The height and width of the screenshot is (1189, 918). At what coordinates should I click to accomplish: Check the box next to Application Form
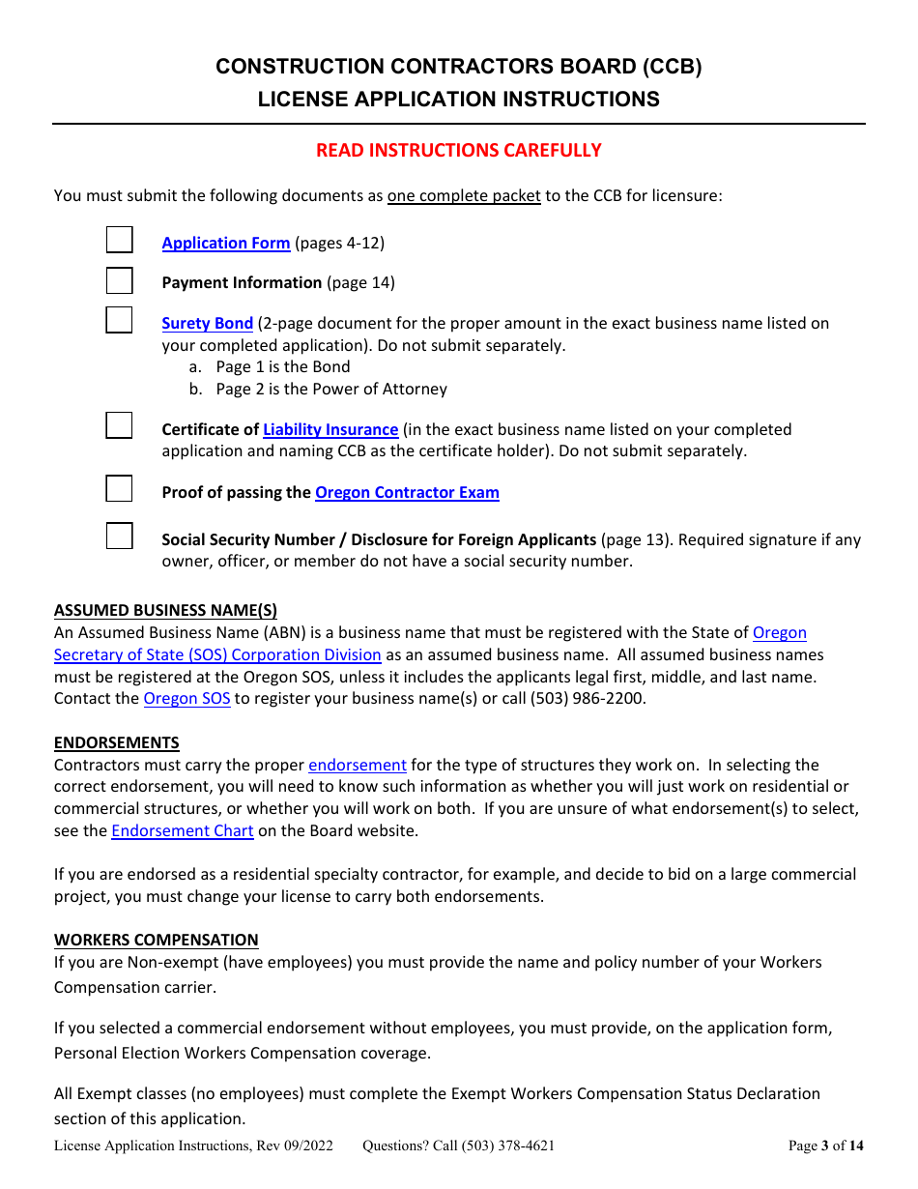(119, 241)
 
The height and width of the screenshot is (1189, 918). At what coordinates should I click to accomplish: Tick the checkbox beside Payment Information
(119, 280)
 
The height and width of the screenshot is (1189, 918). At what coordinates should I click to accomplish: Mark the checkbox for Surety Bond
(119, 320)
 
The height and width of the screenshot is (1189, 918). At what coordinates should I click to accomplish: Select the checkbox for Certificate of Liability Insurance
(119, 425)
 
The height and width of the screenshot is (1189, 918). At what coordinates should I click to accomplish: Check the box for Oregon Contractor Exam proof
(119, 488)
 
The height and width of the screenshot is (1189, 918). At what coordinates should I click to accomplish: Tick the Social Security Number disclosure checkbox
(119, 536)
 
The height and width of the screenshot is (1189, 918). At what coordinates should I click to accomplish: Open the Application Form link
(226, 244)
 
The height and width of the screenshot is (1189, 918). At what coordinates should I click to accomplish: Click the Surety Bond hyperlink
(207, 324)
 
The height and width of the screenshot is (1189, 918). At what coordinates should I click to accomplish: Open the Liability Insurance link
(330, 430)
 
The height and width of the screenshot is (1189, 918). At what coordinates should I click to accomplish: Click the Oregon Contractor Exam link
(407, 493)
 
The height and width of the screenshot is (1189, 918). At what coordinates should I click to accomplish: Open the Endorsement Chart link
(183, 831)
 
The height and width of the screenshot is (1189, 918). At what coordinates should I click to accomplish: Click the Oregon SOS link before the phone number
(186, 699)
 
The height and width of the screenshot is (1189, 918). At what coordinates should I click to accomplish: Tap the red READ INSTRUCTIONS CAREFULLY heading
(459, 151)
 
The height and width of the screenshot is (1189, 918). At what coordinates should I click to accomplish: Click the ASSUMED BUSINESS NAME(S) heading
(165, 611)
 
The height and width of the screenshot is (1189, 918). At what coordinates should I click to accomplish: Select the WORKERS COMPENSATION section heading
(156, 941)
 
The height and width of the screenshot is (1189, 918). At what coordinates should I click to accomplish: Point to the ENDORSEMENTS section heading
(116, 743)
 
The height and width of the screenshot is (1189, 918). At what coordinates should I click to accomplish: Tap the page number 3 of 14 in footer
(826, 1146)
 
